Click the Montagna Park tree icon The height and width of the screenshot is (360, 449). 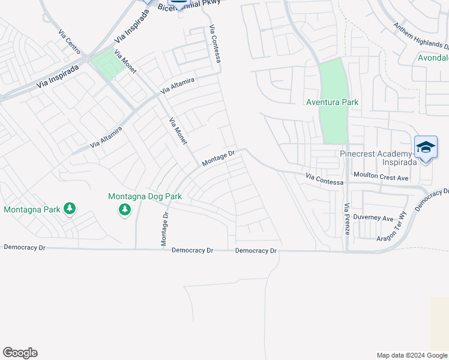tap(70, 208)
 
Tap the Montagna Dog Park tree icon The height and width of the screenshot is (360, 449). tap(124, 209)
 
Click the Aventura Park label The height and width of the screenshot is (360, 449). tap(332, 103)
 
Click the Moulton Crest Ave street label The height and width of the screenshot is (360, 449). tap(381, 178)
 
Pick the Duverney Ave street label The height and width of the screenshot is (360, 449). tap(373, 217)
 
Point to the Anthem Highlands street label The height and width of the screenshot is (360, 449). tap(420, 35)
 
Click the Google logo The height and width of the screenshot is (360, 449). tap(20, 353)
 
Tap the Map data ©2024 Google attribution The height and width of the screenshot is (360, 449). tap(411, 355)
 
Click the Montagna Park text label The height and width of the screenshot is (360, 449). tap(32, 209)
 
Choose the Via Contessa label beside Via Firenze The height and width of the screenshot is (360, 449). tap(324, 178)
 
